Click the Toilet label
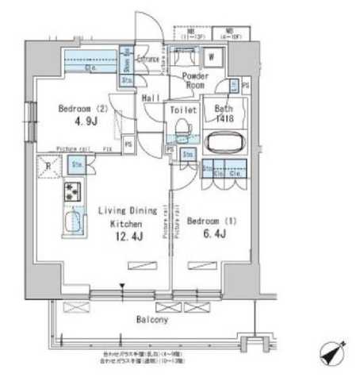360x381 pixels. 183,110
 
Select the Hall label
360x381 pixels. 151,98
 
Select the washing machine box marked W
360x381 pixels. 213,57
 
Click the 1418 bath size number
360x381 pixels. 227,118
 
